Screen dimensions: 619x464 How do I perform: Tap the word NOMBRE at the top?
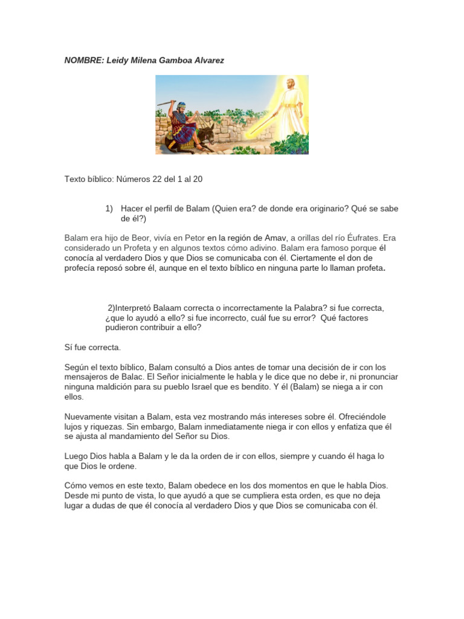pyautogui.click(x=83, y=60)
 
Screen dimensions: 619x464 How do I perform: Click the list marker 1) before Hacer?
pyautogui.click(x=109, y=209)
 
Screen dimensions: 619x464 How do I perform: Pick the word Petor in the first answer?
pyautogui.click(x=193, y=238)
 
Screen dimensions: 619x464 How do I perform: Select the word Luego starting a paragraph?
pyautogui.click(x=76, y=456)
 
